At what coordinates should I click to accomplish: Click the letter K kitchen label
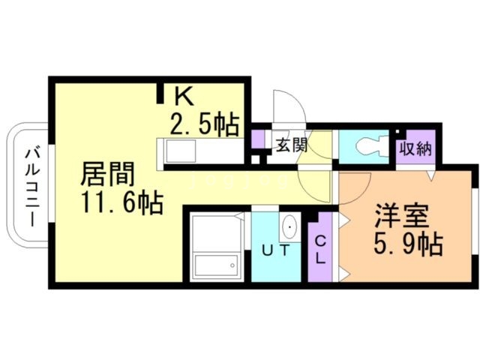185,97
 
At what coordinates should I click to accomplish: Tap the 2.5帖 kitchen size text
204,122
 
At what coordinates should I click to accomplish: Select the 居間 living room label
108,175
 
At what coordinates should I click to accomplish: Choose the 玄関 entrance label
290,145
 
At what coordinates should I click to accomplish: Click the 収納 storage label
415,148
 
